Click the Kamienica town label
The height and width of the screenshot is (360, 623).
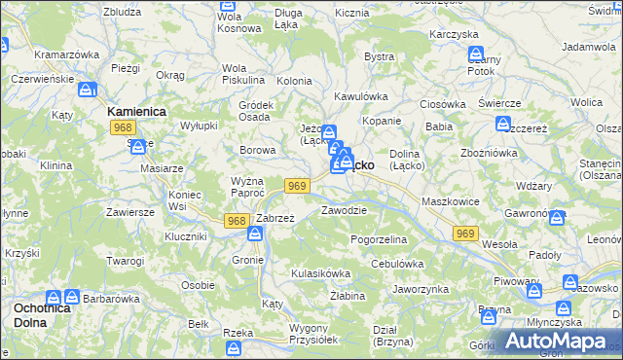click(136, 112)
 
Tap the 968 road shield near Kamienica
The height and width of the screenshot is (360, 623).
click(123, 127)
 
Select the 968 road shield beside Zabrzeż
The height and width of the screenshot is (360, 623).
click(236, 221)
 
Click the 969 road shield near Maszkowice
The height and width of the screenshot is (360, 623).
click(465, 234)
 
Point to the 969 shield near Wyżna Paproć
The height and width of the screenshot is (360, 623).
click(298, 186)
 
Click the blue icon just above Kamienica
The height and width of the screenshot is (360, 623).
click(88, 90)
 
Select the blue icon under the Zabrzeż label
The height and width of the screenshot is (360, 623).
click(256, 234)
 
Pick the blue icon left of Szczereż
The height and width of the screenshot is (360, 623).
click(503, 124)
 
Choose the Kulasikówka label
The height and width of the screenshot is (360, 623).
click(320, 273)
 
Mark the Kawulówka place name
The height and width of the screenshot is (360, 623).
click(361, 96)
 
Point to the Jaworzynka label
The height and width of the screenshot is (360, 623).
click(421, 289)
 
